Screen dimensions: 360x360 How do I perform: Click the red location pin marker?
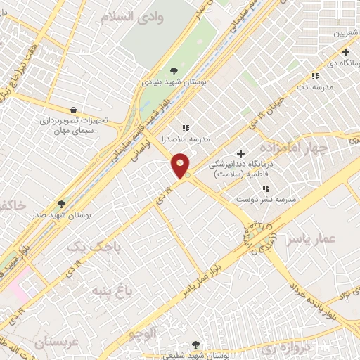click(181, 165)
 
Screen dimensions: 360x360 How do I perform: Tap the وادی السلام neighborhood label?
click(131, 18)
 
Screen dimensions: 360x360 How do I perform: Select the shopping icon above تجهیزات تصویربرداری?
click(74, 109)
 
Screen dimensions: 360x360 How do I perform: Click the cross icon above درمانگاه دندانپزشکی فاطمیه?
click(240, 153)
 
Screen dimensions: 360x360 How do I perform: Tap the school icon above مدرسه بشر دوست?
click(265, 188)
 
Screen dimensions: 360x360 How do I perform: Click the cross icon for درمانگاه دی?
click(345, 52)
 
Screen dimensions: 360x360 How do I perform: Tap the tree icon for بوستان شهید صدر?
click(61, 204)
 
